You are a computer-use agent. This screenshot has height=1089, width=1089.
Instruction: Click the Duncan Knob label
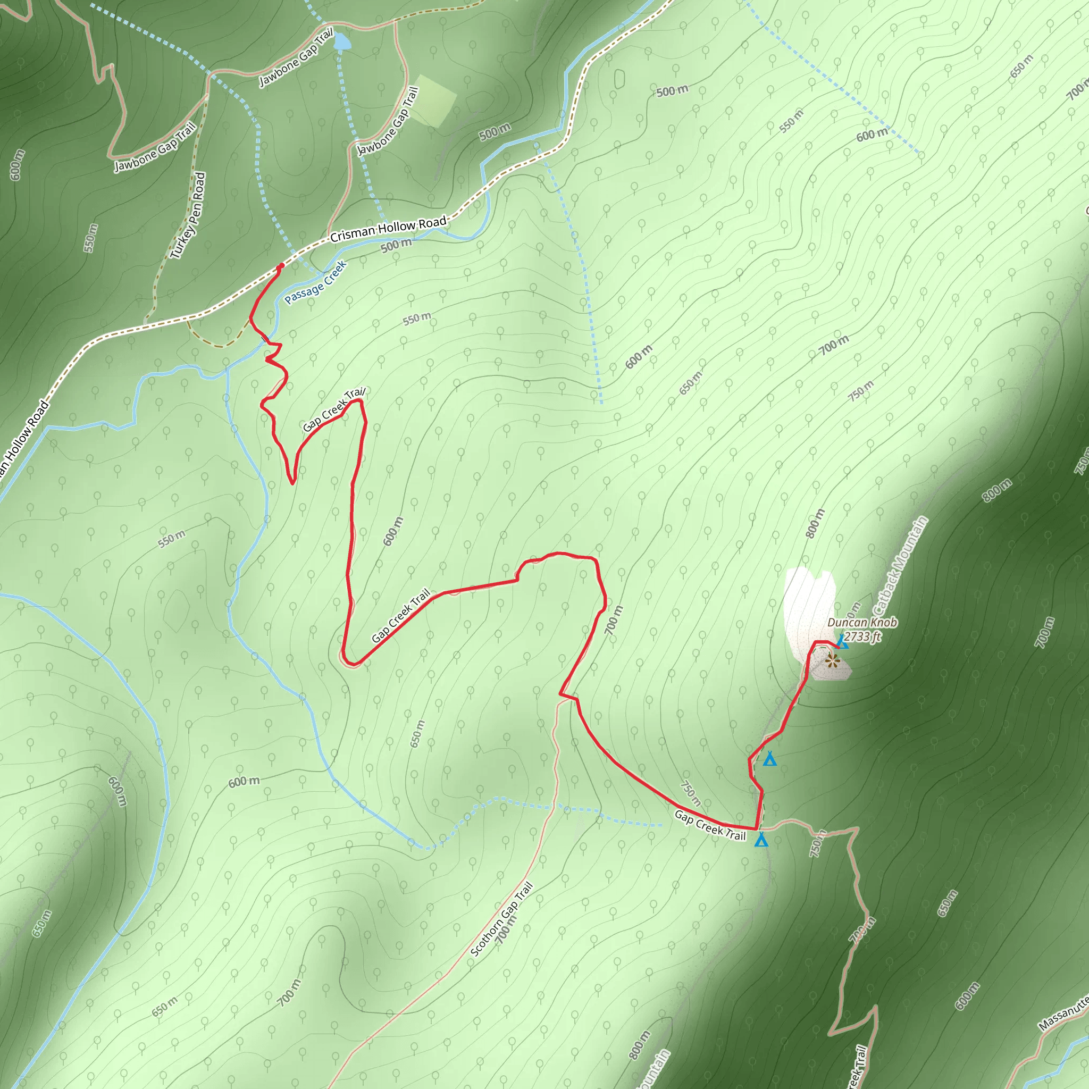pyautogui.click(x=862, y=623)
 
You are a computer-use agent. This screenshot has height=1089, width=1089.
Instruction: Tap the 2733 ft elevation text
pyautogui.click(x=862, y=637)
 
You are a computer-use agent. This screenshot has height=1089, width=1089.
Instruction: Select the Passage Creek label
pyautogui.click(x=315, y=282)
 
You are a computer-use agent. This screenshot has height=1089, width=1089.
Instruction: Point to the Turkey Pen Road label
pyautogui.click(x=188, y=216)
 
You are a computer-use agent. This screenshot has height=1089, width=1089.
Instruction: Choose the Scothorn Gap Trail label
pyautogui.click(x=501, y=919)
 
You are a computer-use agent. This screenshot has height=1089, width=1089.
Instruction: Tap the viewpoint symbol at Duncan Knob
pyautogui.click(x=832, y=660)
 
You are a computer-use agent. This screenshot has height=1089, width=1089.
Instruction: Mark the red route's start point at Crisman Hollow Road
pyautogui.click(x=281, y=266)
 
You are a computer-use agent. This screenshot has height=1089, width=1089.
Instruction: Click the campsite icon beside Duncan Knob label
pyautogui.click(x=842, y=642)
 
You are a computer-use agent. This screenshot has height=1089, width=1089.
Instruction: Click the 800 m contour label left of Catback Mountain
pyautogui.click(x=815, y=523)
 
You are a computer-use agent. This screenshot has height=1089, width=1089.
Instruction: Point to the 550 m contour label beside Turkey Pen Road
pyautogui.click(x=90, y=238)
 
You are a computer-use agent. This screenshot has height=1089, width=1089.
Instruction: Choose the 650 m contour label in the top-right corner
pyautogui.click(x=1021, y=66)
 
